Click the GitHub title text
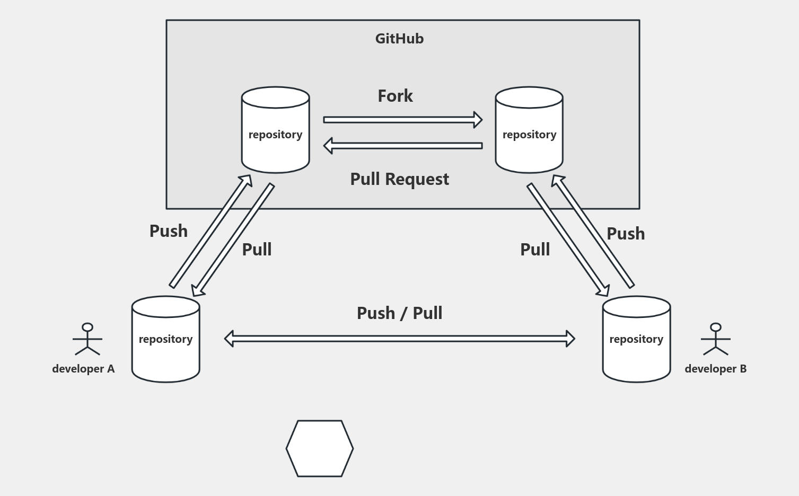(x=399, y=39)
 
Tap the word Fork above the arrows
(x=395, y=96)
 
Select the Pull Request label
(x=399, y=179)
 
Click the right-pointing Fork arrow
(x=402, y=120)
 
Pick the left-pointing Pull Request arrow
(x=402, y=145)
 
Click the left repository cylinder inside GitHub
(x=275, y=130)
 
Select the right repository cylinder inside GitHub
(x=529, y=130)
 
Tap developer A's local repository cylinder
(x=165, y=339)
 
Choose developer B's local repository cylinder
(x=636, y=339)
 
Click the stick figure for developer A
(x=87, y=339)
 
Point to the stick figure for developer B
(x=716, y=339)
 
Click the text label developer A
(x=83, y=369)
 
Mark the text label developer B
(x=715, y=369)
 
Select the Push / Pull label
(x=399, y=313)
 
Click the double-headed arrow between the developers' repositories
(x=399, y=339)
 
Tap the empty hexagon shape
(x=320, y=449)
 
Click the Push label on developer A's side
(x=169, y=231)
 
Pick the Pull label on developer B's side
(x=535, y=250)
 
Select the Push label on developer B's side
(x=626, y=234)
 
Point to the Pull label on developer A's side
(x=257, y=250)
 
